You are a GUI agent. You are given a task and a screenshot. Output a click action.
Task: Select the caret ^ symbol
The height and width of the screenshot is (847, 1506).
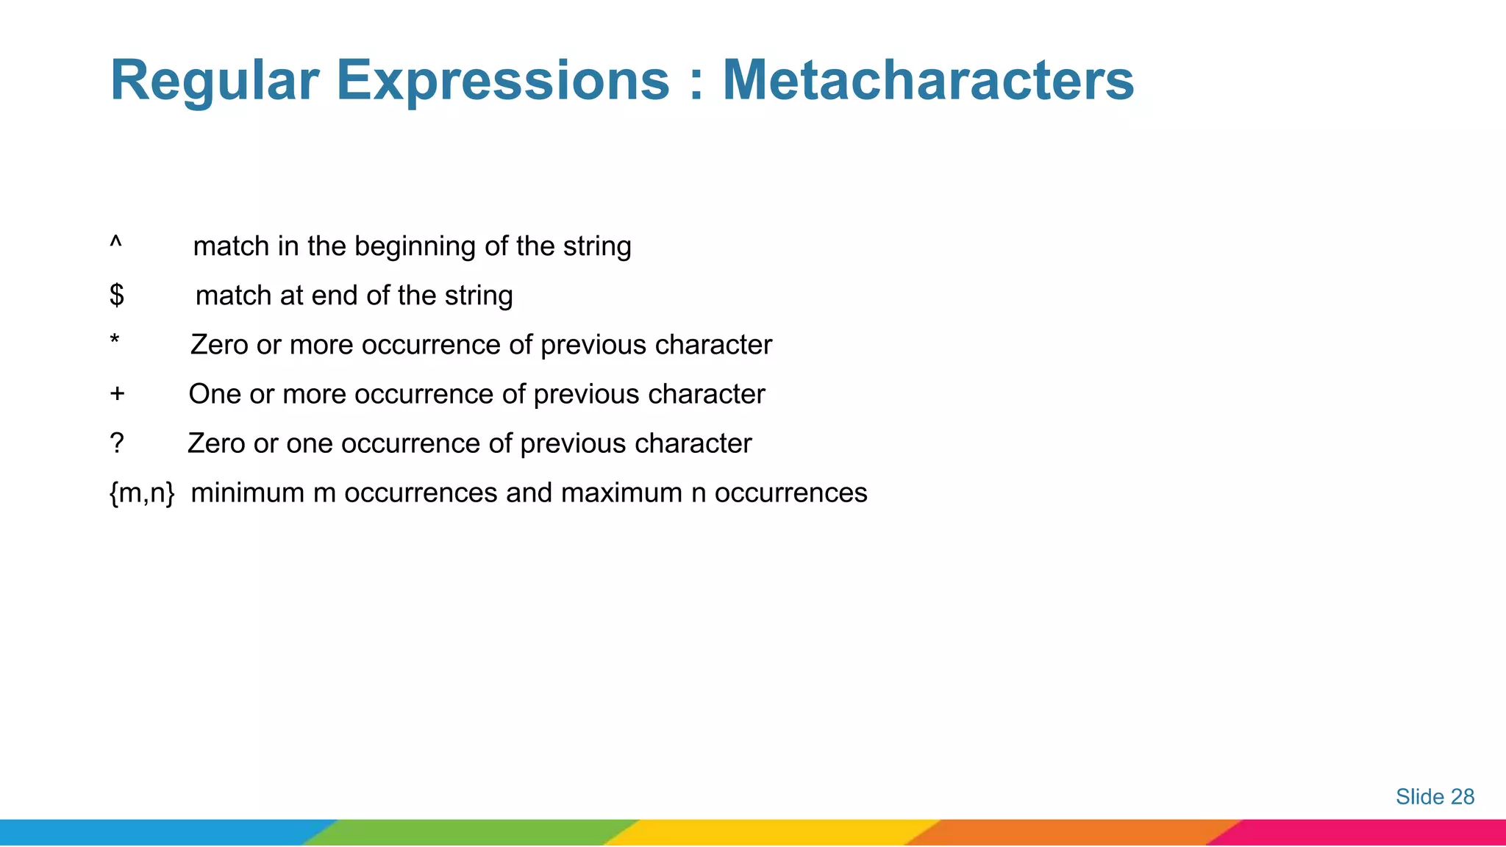point(115,241)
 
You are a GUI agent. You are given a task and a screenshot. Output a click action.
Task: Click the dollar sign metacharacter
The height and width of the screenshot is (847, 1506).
point(116,296)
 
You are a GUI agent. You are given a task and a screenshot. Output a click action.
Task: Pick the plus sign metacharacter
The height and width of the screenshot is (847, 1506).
point(117,394)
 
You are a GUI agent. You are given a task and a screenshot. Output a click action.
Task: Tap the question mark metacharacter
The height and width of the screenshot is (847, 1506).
point(116,443)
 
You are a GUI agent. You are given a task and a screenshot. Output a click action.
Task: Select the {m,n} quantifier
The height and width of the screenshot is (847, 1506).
point(142,493)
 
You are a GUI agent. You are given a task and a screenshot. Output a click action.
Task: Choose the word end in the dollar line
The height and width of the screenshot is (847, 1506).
point(335,296)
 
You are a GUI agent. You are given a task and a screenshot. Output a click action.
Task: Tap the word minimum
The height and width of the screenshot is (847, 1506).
point(248,493)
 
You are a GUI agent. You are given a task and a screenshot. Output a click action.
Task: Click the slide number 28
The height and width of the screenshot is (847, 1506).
point(1462,797)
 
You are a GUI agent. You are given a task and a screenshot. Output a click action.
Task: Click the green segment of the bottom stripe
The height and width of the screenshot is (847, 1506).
point(471,832)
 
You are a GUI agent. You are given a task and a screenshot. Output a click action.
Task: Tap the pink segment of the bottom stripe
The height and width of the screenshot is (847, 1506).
point(1368,832)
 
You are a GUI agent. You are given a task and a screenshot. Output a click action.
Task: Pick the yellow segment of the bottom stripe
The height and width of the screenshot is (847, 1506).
point(772,832)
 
